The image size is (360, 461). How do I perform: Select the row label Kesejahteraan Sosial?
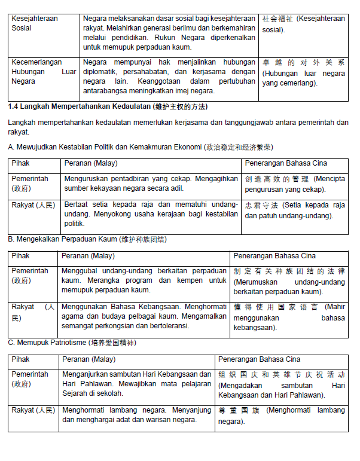(35, 23)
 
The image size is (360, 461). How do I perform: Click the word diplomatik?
(103, 71)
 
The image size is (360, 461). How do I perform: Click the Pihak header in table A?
(21, 163)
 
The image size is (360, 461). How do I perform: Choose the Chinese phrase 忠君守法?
(262, 204)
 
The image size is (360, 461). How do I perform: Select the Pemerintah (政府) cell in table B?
(30, 275)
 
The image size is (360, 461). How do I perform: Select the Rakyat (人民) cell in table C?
(33, 410)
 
